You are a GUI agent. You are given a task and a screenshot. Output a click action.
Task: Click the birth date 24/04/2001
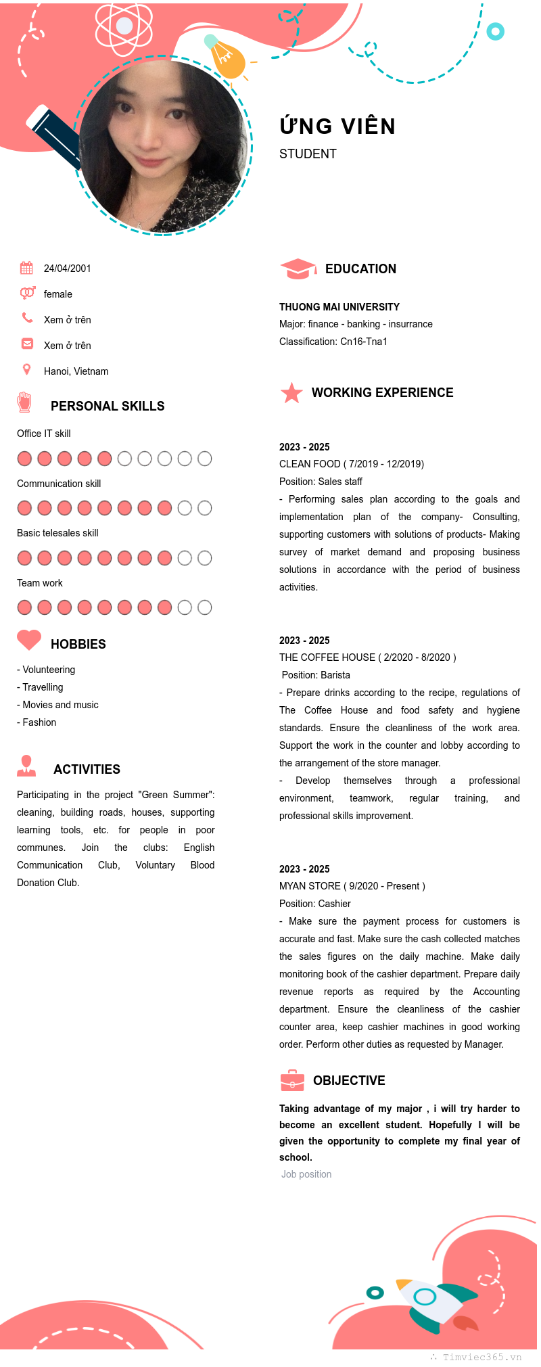click(67, 269)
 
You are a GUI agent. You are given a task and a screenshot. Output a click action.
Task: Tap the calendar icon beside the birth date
click(26, 268)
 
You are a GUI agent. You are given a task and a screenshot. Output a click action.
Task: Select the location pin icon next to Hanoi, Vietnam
click(26, 369)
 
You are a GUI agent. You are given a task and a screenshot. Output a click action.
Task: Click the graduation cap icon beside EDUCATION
click(298, 269)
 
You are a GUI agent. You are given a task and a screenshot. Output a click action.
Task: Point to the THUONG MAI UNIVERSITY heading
click(339, 307)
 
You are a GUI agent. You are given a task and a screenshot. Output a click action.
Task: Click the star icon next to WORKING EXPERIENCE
click(291, 392)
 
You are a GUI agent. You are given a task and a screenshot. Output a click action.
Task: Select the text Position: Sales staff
click(321, 482)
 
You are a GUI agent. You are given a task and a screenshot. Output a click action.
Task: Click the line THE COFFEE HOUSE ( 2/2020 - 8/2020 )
click(367, 657)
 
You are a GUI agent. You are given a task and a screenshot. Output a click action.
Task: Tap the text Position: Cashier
click(315, 904)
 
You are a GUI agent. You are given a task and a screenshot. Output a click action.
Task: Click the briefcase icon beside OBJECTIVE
click(292, 1080)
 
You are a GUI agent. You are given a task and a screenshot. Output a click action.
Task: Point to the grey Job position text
click(306, 1174)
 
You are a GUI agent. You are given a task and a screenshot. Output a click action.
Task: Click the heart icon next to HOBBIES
click(29, 640)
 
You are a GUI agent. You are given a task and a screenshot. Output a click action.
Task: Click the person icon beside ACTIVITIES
click(26, 766)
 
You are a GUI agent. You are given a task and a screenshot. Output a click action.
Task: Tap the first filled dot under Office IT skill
click(24, 459)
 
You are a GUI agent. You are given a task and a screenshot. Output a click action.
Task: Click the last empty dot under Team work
click(204, 607)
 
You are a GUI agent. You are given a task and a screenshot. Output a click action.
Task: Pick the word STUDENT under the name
click(308, 154)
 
